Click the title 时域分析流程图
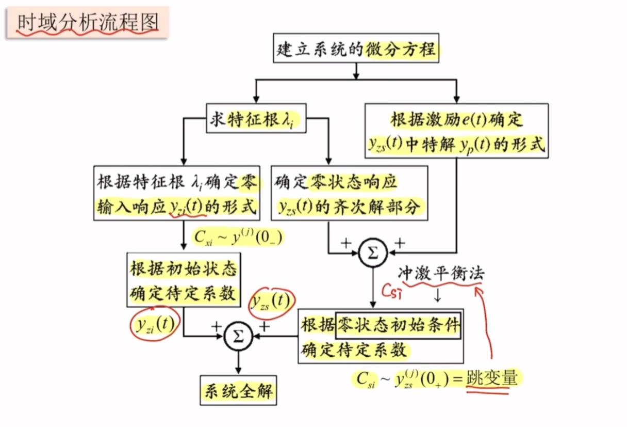(87, 23)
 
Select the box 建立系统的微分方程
(356, 50)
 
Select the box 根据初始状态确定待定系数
(184, 281)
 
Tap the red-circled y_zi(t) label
(156, 324)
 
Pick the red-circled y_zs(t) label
(270, 302)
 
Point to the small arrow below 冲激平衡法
(437, 296)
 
